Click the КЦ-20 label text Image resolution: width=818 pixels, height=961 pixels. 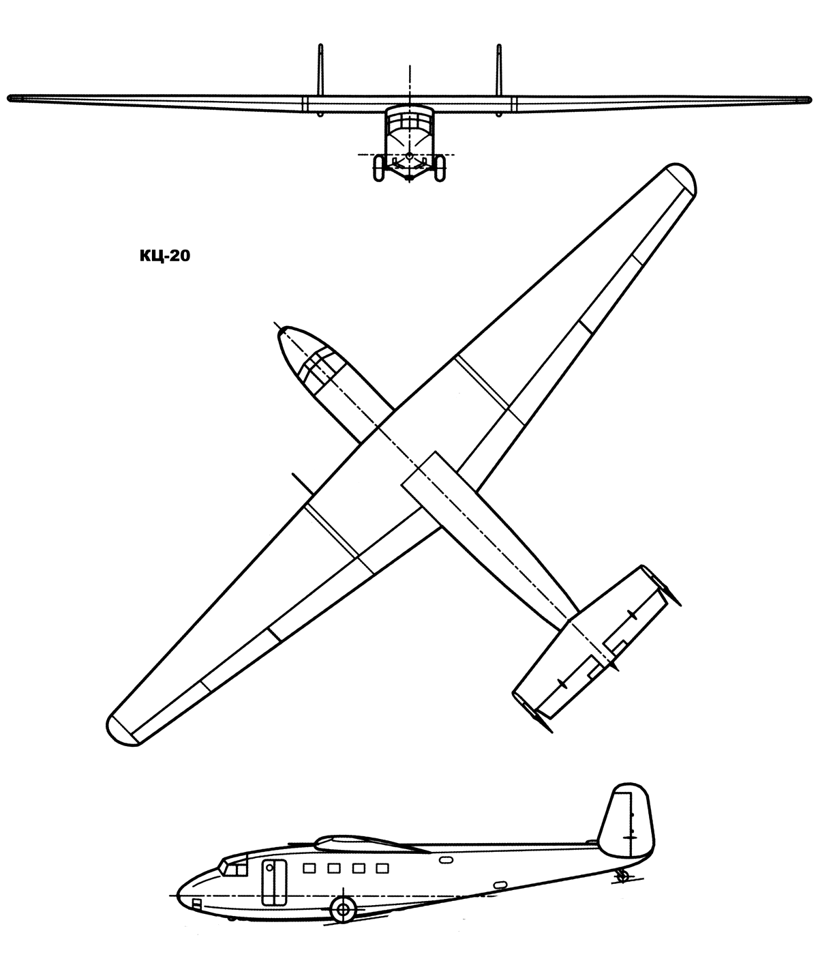(x=165, y=256)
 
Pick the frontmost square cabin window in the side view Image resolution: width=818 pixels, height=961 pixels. (x=309, y=868)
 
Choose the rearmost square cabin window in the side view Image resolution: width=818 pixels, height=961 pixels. (x=382, y=868)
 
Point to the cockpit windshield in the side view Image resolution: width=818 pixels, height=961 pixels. (x=234, y=867)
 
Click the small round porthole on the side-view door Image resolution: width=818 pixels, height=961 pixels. (x=269, y=867)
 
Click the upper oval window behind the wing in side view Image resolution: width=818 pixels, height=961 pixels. (x=446, y=860)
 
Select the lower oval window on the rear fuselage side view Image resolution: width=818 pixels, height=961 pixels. (x=500, y=885)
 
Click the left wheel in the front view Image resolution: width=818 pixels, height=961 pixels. (x=379, y=168)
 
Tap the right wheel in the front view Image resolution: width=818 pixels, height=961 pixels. (x=440, y=168)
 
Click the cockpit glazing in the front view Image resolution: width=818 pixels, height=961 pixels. (x=410, y=122)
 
